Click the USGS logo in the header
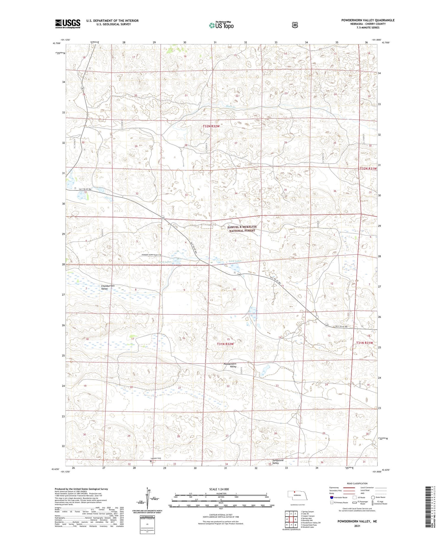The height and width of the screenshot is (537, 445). [x=68, y=24]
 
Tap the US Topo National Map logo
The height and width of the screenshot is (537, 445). [x=221, y=25]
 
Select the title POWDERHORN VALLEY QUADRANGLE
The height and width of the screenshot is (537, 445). [x=368, y=20]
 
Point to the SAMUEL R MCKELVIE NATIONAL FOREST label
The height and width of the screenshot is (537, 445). [x=242, y=228]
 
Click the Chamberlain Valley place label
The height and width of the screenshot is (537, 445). [x=108, y=287]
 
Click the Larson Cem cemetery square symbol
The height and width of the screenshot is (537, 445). [x=151, y=461]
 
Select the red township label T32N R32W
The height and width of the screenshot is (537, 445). [x=211, y=126]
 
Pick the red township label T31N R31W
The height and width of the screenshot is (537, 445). [x=364, y=343]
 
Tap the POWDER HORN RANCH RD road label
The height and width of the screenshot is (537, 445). [x=151, y=255]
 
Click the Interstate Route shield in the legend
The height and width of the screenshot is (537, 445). [x=332, y=497]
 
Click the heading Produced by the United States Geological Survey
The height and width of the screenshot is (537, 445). [x=81, y=489]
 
